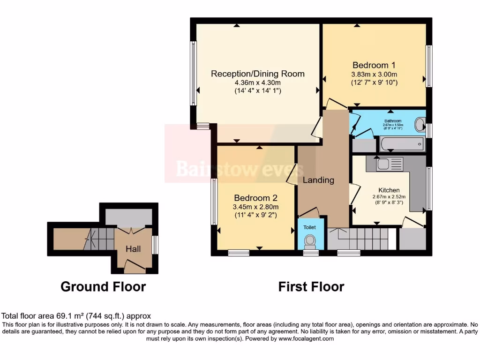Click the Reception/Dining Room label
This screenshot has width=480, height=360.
point(257,74)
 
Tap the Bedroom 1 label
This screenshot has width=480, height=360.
point(374,65)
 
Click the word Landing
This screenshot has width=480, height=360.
point(318,180)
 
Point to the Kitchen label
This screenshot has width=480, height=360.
point(389,190)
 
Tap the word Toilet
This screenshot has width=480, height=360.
point(309,227)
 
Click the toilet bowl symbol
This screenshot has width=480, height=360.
point(309,241)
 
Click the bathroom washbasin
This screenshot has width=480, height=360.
point(420,125)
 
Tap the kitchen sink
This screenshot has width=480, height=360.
point(389,164)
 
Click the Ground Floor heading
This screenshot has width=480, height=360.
point(103,286)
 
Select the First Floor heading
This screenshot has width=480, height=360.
point(311,286)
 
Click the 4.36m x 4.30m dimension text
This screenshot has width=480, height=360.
point(257,83)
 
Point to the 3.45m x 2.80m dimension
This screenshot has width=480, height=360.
point(256,207)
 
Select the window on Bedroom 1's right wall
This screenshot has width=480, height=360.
point(428,66)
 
